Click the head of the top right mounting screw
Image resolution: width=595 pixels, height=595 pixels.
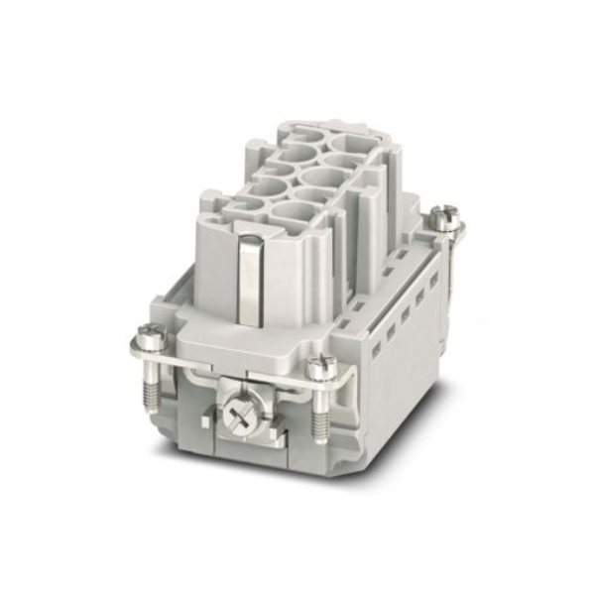tap(447, 214)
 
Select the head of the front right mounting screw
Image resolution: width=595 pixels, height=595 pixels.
tap(319, 368)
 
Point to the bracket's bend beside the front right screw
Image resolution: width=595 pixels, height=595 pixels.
tap(342, 382)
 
